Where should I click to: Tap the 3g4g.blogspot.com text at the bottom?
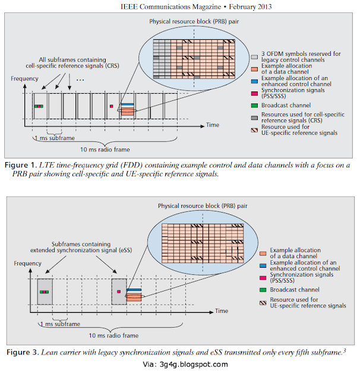195,364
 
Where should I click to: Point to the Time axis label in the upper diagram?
213,125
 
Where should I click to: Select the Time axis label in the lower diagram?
221,311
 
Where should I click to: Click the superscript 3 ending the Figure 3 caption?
344,350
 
